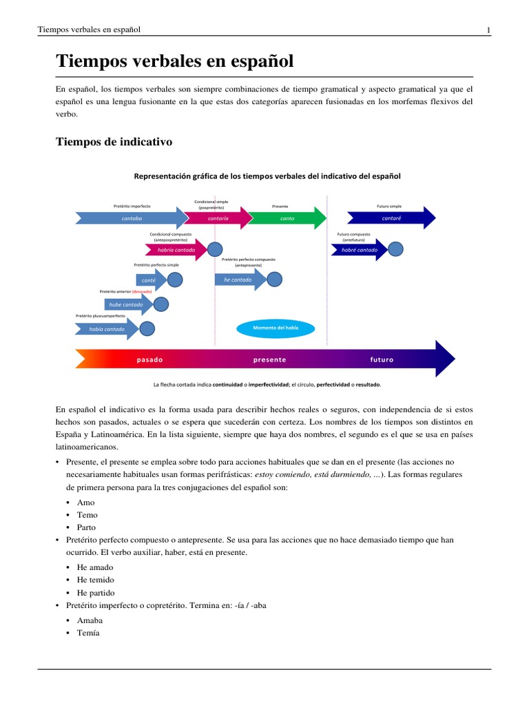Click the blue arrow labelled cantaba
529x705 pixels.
tap(131, 218)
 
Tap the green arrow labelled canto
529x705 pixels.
tap(287, 218)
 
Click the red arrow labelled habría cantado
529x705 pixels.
tap(176, 250)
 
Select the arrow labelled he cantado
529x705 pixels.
tap(238, 280)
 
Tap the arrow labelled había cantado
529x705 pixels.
tap(107, 329)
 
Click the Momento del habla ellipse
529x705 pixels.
tap(276, 328)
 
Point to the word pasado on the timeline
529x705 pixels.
tap(150, 359)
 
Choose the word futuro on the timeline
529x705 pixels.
tap(382, 359)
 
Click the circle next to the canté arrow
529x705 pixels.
tap(175, 280)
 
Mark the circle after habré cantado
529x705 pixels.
tap(395, 249)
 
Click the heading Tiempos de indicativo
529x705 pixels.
tap(114, 142)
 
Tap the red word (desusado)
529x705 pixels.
tap(142, 291)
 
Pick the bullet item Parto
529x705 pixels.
tap(87, 527)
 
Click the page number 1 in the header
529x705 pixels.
tap(488, 30)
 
